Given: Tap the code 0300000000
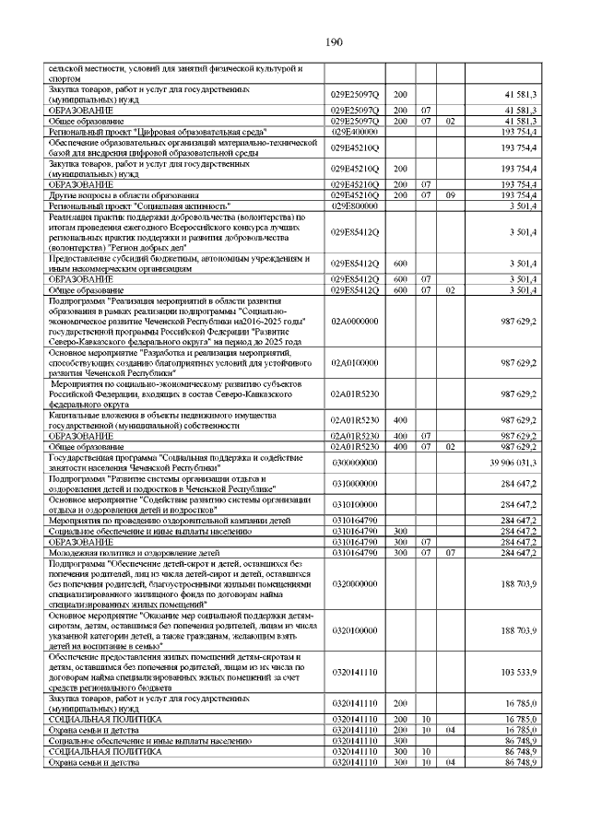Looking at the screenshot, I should pyautogui.click(x=355, y=463).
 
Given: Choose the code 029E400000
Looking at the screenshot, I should pyautogui.click(x=355, y=131).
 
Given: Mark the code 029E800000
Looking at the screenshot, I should pyautogui.click(x=355, y=206).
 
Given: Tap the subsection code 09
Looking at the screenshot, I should pyautogui.click(x=450, y=195).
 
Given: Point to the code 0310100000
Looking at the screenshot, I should pyautogui.click(x=355, y=504).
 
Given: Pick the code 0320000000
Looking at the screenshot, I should pyautogui.click(x=355, y=583).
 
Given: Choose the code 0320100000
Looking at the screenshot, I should pyautogui.click(x=355, y=630).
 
